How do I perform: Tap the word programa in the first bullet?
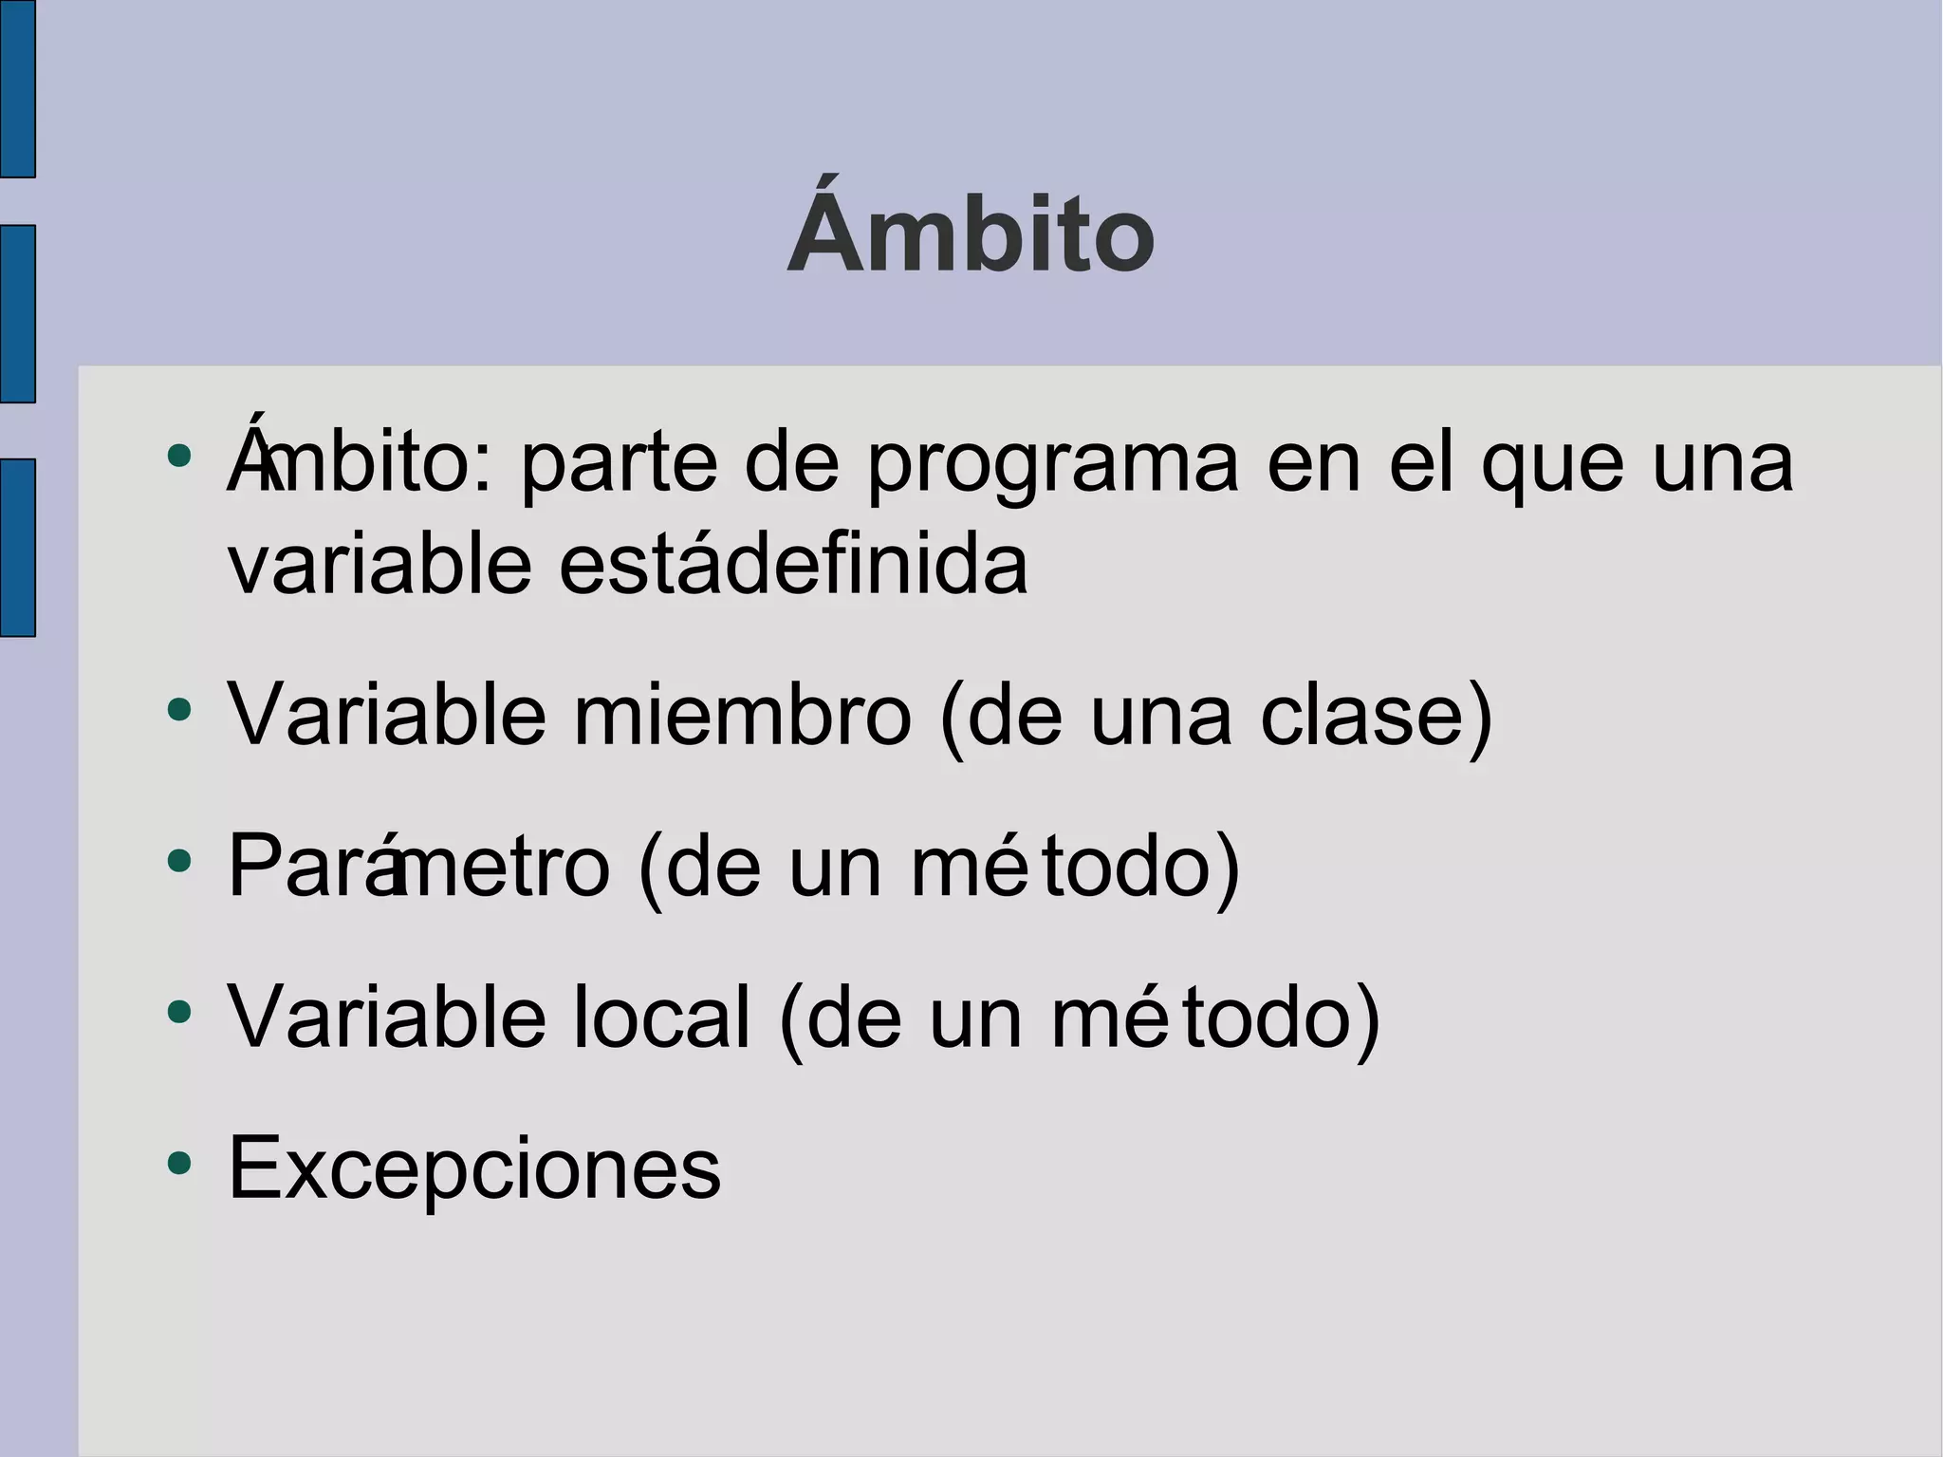(x=1053, y=465)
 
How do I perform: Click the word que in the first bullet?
(x=1552, y=465)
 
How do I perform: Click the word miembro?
(x=742, y=716)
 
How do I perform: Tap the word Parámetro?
(x=418, y=866)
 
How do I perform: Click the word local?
(x=661, y=1017)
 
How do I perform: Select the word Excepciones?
(x=474, y=1167)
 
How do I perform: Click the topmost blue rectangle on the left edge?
(x=17, y=88)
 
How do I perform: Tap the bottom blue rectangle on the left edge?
(x=17, y=547)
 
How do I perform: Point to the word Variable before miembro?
(x=387, y=716)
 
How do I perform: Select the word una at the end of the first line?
(x=1722, y=465)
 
